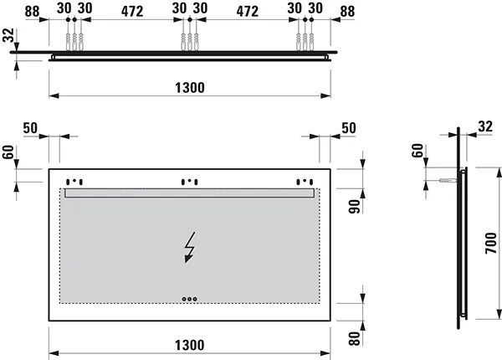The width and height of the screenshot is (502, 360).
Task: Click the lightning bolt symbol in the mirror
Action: pyautogui.click(x=192, y=247)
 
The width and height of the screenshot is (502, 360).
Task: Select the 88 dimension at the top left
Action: pyautogui.click(x=32, y=11)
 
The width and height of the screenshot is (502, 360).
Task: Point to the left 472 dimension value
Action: pyautogui.click(x=131, y=11)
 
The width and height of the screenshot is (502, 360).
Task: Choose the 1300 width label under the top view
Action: pyautogui.click(x=191, y=87)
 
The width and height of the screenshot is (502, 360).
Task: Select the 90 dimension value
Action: pyautogui.click(x=353, y=207)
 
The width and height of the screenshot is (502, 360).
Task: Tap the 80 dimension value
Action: pyautogui.click(x=353, y=339)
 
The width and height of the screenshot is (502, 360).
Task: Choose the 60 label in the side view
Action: pyautogui.click(x=418, y=152)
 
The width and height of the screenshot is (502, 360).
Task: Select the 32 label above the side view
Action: pyautogui.click(x=486, y=126)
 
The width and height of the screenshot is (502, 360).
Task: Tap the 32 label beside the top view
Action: pyautogui.click(x=8, y=36)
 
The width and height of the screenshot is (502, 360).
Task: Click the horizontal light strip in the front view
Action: pyautogui.click(x=190, y=193)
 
